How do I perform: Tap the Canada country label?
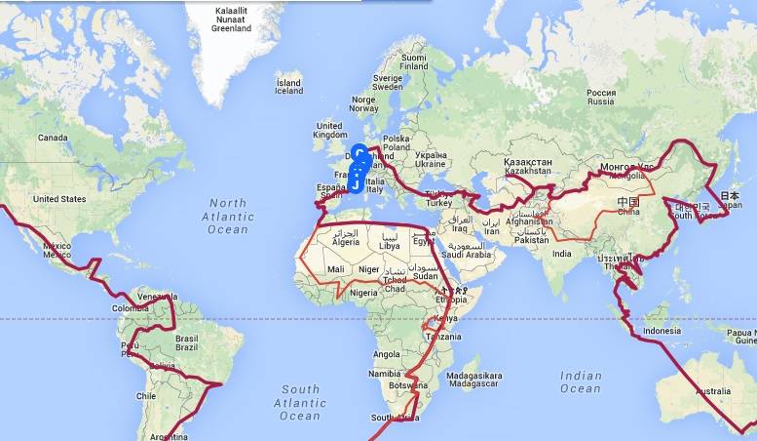[52, 139]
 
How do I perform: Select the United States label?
[59, 199]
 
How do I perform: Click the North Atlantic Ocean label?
[227, 217]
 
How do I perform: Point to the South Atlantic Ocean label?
[300, 402]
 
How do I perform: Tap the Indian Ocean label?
[581, 381]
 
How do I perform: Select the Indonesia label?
[662, 331]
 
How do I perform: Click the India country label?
[561, 254]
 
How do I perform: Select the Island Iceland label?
[288, 89]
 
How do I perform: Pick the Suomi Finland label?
[414, 62]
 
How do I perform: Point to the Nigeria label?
[363, 292]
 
